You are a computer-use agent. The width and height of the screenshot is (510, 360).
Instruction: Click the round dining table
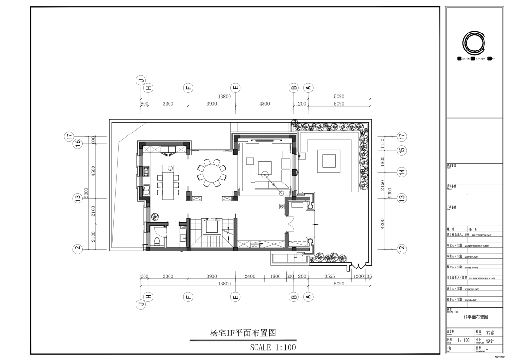209,172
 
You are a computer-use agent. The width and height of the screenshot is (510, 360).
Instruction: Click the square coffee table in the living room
264,168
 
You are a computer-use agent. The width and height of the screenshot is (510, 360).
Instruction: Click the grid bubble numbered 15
402,150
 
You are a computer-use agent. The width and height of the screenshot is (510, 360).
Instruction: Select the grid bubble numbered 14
402,172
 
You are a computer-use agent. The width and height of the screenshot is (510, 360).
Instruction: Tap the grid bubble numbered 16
77,142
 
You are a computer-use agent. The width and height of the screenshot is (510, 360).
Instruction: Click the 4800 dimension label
264,104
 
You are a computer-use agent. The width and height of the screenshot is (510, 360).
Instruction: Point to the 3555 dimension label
330,277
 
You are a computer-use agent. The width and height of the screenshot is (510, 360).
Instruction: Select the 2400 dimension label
249,277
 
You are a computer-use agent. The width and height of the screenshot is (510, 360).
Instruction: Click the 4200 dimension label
383,223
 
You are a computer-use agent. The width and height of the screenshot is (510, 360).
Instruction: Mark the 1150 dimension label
383,142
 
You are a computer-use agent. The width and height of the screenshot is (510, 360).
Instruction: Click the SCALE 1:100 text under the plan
273,348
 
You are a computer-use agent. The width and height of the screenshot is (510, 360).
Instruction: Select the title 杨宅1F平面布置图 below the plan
243,333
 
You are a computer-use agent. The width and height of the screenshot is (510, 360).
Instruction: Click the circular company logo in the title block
474,43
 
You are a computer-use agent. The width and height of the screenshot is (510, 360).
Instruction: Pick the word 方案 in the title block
490,333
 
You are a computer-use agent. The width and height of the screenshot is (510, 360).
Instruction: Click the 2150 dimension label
383,185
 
